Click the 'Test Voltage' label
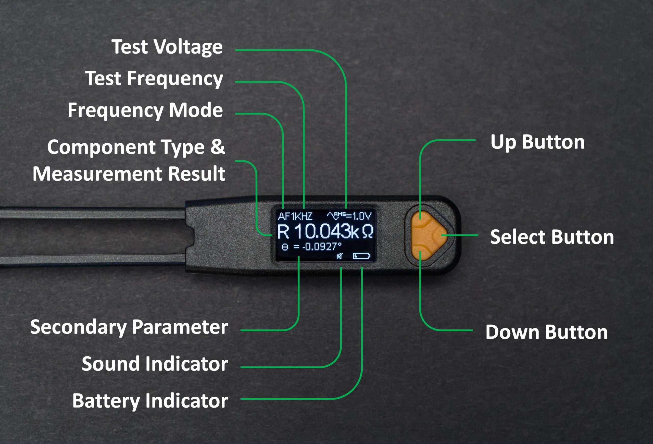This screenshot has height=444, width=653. click(x=167, y=47)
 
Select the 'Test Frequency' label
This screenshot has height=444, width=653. click(x=154, y=78)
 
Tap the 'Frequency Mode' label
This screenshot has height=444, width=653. click(x=145, y=110)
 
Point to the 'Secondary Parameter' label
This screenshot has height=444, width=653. click(x=129, y=327)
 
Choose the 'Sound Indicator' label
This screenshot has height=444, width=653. click(x=155, y=364)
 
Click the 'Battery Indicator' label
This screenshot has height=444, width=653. click(x=150, y=401)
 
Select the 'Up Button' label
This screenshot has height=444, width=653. click(x=537, y=142)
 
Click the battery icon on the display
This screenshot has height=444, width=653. click(x=362, y=256)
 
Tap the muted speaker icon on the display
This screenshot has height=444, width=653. click(x=340, y=256)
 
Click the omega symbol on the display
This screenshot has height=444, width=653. click(x=368, y=232)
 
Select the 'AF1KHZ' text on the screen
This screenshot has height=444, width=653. click(x=295, y=216)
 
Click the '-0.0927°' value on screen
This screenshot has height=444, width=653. click(x=322, y=247)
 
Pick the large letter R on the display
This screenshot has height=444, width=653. click(x=283, y=232)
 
